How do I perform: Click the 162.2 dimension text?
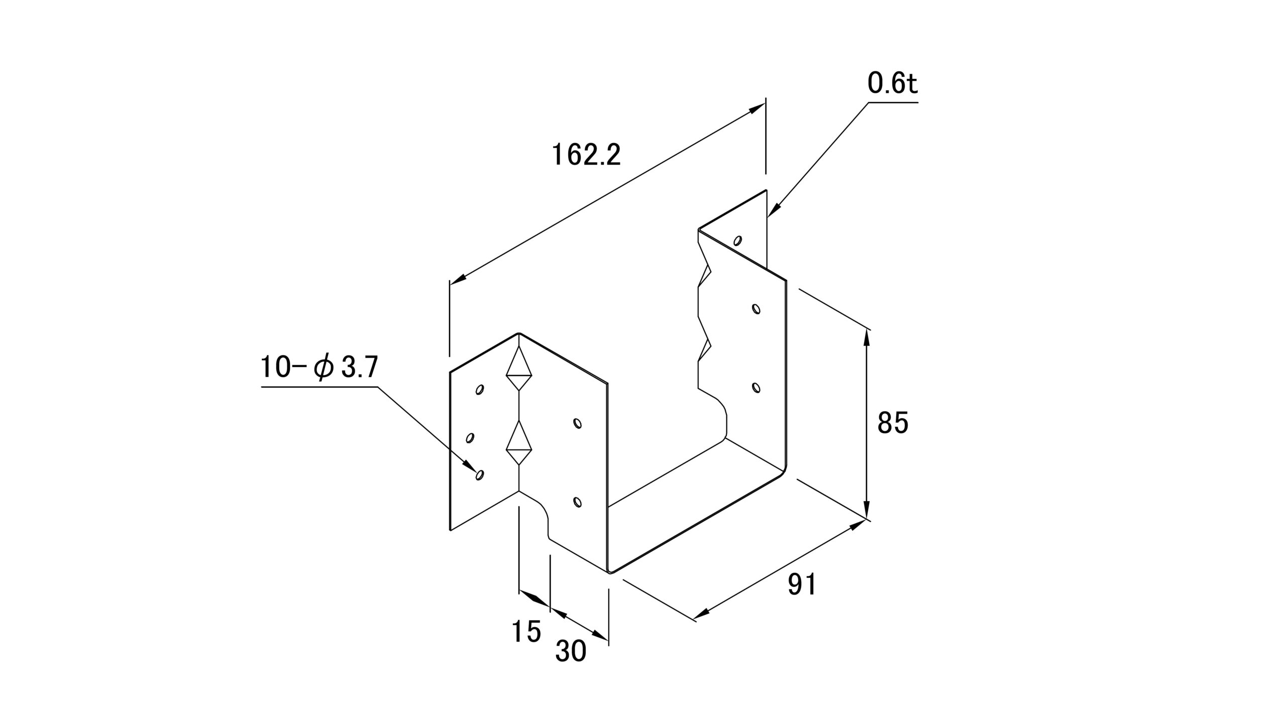[x=586, y=155]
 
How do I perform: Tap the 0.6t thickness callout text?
[x=892, y=83]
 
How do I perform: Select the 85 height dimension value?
[x=893, y=423]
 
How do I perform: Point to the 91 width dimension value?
[x=802, y=584]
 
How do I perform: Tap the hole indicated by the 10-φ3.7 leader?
[x=479, y=474]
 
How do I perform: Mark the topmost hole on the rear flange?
[x=737, y=240]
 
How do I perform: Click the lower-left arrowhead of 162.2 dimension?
[x=458, y=280]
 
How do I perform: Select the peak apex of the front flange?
[x=519, y=333]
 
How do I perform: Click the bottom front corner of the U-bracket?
[x=610, y=572]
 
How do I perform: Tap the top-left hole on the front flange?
[x=479, y=389]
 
